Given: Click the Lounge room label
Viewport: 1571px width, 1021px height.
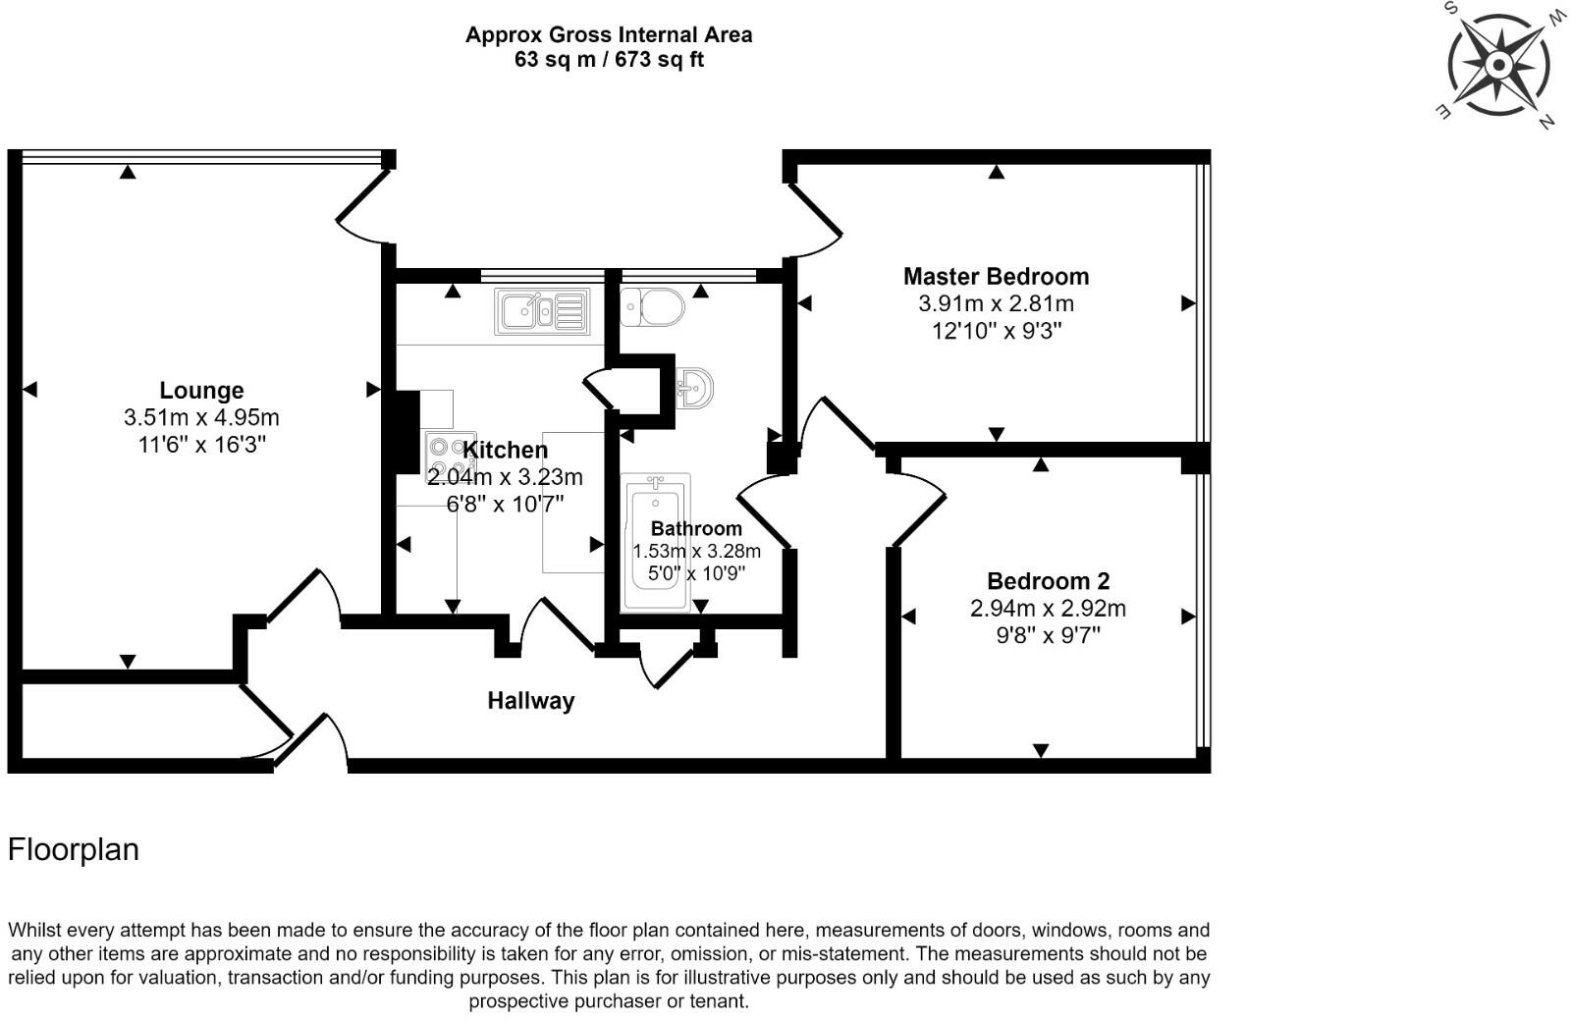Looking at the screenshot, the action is pos(201,391).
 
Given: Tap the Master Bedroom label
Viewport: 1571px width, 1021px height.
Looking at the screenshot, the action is pos(996,277).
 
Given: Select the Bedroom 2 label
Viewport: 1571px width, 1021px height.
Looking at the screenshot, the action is pos(1048,581).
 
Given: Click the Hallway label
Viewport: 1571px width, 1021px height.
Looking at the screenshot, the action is pos(531,701).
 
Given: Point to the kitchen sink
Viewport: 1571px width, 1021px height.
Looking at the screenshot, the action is pos(542,312).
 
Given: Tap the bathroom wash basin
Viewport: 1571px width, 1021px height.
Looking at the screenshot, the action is pos(695,389).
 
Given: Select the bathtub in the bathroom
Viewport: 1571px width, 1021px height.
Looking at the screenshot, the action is pos(657,542).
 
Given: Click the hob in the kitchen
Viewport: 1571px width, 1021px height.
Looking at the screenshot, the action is pos(449,457).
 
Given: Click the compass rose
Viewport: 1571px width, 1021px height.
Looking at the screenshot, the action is pos(1498,66).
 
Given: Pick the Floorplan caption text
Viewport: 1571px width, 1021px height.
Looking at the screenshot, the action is pos(74,850).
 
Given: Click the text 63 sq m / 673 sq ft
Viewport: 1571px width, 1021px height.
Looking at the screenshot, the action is pos(609,60).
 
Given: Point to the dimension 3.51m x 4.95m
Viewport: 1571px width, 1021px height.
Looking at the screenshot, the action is pos(201,418).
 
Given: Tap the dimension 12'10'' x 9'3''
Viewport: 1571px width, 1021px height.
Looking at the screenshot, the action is pos(997,332).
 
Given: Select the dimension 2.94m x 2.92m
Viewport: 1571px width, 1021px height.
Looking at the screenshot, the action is pos(1048,609).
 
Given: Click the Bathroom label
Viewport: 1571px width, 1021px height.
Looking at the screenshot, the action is pos(696,528).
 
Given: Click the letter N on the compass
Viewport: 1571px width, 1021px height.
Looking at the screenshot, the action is pos(1546,122).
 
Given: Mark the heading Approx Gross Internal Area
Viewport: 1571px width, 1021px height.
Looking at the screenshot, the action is pos(609,35).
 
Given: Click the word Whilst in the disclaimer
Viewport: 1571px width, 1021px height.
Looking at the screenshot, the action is pos(38,930).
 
